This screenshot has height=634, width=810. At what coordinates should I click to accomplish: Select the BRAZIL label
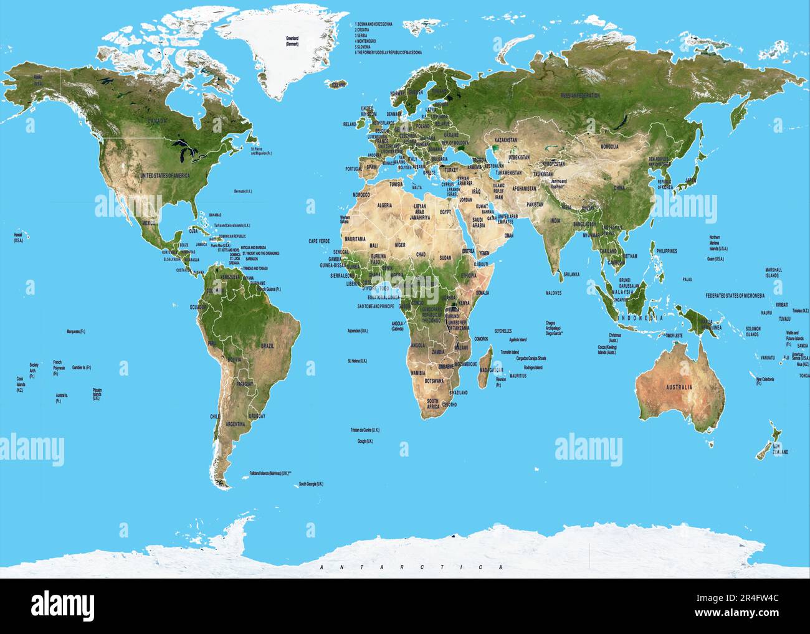pyautogui.click(x=268, y=345)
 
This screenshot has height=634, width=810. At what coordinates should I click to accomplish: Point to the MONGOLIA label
pyautogui.click(x=609, y=146)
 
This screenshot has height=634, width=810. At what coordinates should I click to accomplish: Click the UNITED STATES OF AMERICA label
pyautogui.click(x=165, y=176)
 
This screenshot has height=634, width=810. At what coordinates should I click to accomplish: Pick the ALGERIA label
pyautogui.click(x=385, y=205)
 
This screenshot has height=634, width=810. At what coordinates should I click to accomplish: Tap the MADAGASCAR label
pyautogui.click(x=492, y=369)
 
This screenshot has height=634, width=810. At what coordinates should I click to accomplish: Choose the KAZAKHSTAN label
pyautogui.click(x=506, y=140)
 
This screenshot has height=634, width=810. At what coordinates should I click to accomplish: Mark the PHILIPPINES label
pyautogui.click(x=666, y=250)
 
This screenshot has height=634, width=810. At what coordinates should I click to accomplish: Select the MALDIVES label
pyautogui.click(x=554, y=292)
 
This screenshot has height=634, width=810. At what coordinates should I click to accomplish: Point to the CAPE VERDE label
pyautogui.click(x=318, y=240)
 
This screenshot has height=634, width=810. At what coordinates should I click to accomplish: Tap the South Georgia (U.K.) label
pyautogui.click(x=311, y=484)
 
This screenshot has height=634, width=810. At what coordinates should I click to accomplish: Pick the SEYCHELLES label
pyautogui.click(x=503, y=331)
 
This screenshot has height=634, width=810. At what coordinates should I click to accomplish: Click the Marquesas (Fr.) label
pyautogui.click(x=75, y=331)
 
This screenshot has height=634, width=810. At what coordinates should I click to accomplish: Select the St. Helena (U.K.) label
pyautogui.click(x=357, y=361)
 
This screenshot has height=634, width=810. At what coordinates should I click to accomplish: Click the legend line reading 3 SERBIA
pyautogui.click(x=363, y=35)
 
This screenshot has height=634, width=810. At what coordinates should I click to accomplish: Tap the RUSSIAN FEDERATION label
pyautogui.click(x=579, y=95)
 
